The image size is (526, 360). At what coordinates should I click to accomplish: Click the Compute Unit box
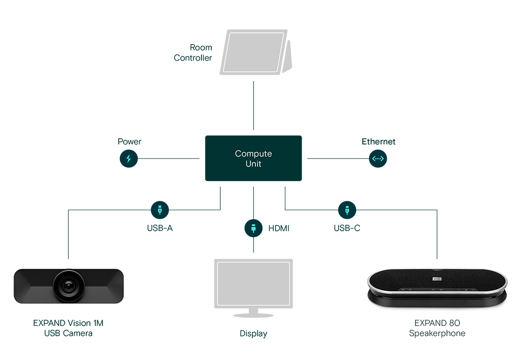click(x=253, y=158)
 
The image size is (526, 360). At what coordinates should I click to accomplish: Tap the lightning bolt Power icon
click(x=129, y=158)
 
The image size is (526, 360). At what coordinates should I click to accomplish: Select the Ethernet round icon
click(x=378, y=158)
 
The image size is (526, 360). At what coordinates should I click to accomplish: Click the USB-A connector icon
click(x=160, y=210)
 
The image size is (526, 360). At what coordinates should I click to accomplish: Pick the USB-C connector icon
click(x=347, y=210)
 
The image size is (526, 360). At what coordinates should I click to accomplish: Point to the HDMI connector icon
click(x=254, y=228)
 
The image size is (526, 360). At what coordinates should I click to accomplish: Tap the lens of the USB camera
click(x=68, y=285)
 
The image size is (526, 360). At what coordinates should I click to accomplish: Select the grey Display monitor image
click(x=253, y=283)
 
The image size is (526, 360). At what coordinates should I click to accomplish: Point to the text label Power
click(x=129, y=142)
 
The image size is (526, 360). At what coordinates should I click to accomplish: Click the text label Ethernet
click(x=379, y=142)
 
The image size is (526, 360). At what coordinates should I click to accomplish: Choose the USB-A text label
click(x=160, y=228)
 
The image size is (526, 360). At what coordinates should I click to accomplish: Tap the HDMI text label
click(x=279, y=229)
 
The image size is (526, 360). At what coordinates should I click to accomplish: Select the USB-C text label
click(x=347, y=228)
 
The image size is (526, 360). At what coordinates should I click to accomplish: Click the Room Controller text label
click(x=193, y=53)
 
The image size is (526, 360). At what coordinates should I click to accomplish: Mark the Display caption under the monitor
click(x=253, y=334)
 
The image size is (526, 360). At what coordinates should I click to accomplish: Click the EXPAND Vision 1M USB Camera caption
click(x=68, y=328)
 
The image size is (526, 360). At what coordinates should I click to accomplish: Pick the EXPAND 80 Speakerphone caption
click(x=437, y=328)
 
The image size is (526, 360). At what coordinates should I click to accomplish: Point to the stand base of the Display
click(x=253, y=315)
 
